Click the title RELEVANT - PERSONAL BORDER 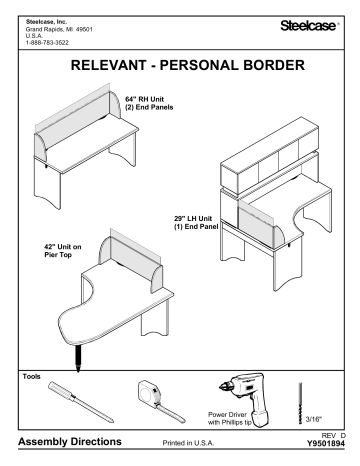tap(180, 68)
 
